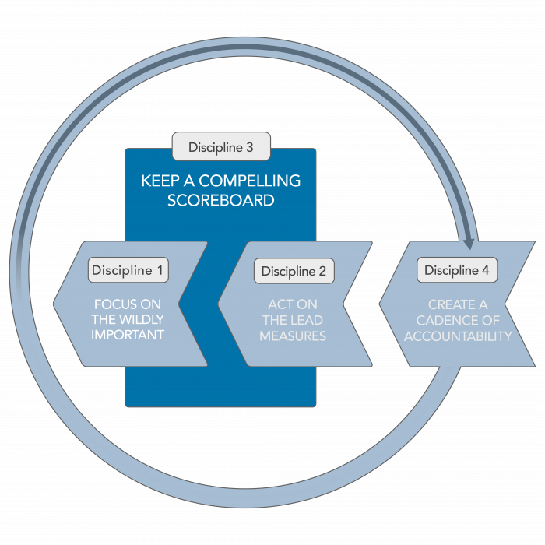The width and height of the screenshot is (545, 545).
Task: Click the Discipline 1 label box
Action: pos(128,270)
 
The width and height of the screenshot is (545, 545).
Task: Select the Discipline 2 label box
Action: pos(294,271)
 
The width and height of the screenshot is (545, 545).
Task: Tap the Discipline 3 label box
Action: pos(220,146)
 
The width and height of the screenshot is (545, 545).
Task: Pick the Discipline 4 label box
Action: pos(457,270)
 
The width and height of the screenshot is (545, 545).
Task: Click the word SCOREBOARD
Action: pos(220,200)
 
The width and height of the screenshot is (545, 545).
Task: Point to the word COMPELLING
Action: pos(251,181)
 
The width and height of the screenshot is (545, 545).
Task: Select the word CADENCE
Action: pos(444,320)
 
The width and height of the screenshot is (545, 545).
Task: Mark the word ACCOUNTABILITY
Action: pos(457,336)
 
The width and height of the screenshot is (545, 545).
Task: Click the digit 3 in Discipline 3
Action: pos(248,146)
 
